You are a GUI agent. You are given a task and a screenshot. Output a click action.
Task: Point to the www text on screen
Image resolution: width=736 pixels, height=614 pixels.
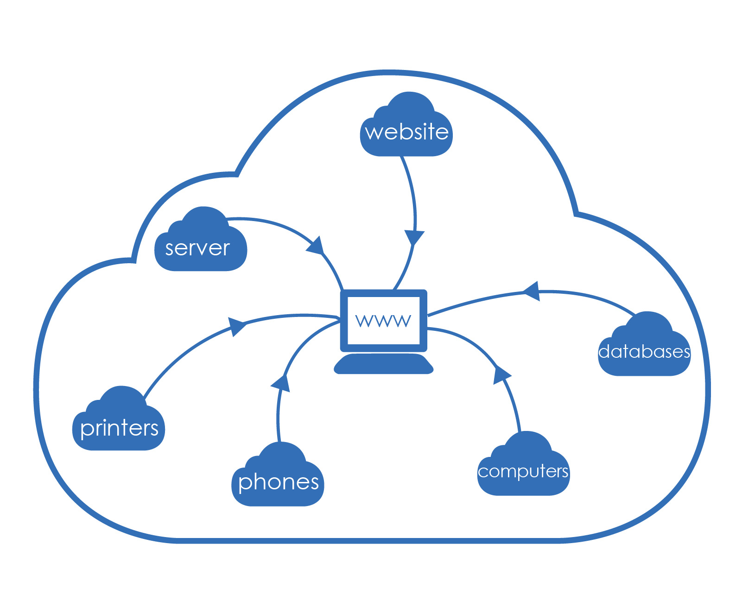click(383, 320)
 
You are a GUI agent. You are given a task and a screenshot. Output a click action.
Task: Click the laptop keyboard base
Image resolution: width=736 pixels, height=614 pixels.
click(384, 364)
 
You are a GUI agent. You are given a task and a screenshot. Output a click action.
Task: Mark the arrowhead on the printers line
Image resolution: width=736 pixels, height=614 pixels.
click(237, 325)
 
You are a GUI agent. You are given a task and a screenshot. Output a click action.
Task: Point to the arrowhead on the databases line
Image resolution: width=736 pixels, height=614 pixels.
click(532, 291)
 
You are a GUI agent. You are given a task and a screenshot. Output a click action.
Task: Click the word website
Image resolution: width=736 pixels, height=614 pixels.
click(406, 132)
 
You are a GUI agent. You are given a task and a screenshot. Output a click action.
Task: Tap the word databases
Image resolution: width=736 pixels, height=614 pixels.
click(644, 352)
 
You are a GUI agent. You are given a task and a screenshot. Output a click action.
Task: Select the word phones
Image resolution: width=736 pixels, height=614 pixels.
click(278, 482)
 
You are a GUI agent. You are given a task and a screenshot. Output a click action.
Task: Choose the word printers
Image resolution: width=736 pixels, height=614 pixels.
click(119, 428)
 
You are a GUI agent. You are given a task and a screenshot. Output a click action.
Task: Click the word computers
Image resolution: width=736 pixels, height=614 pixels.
click(523, 471)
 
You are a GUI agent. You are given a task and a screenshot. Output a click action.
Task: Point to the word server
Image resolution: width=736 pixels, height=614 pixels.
click(197, 248)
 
